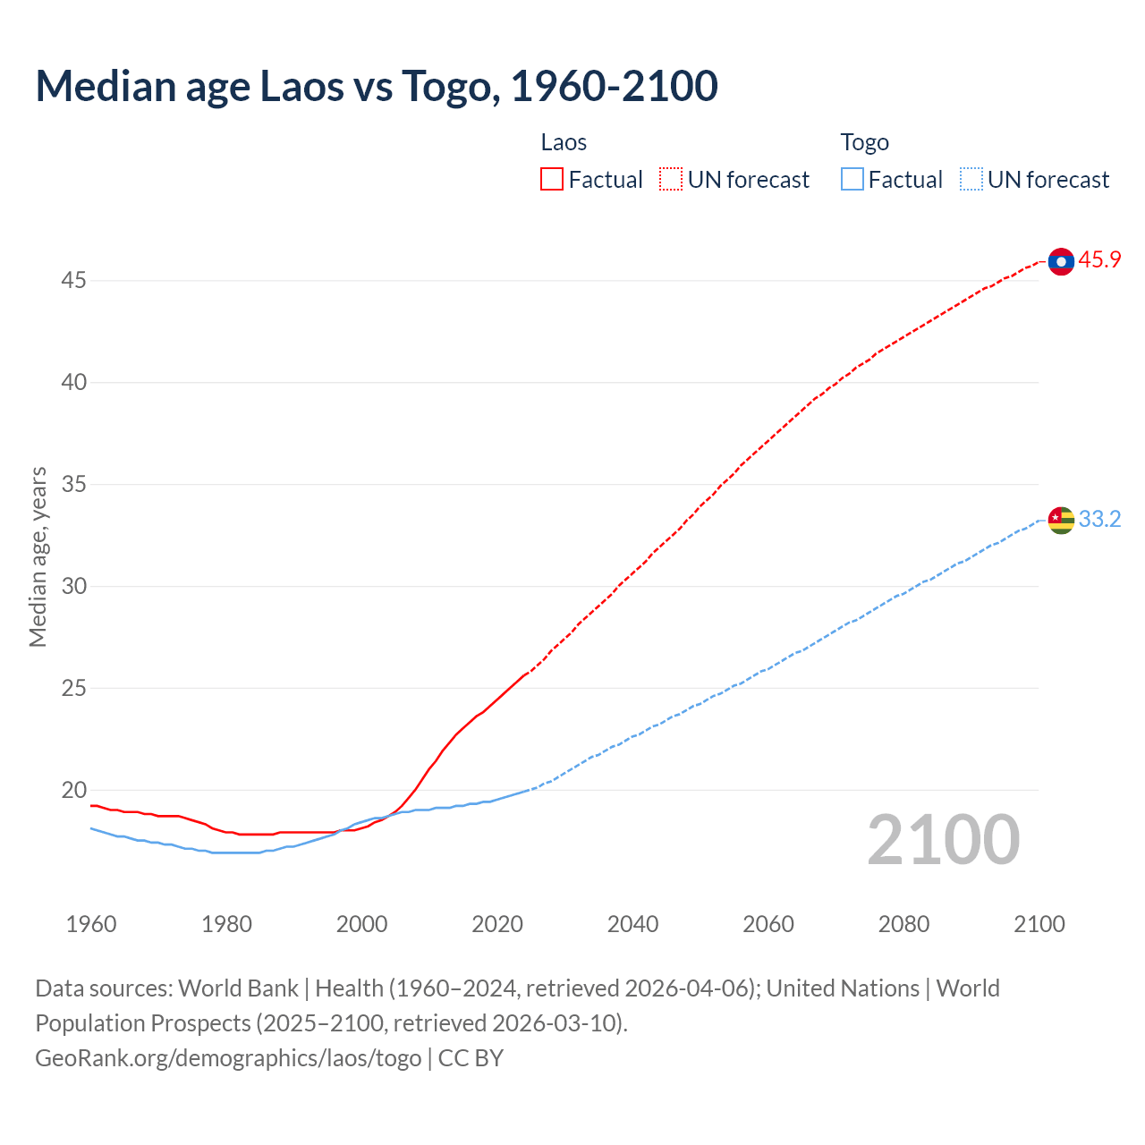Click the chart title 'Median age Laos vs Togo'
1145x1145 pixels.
376,86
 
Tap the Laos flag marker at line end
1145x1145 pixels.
1061,261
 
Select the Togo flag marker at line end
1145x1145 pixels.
1061,520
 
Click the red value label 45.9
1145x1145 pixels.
1099,260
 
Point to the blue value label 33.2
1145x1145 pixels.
1099,520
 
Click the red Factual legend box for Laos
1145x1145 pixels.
552,180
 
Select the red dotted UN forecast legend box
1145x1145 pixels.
671,180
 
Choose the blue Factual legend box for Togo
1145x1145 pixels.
852,180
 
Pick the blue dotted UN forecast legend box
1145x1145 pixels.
971,180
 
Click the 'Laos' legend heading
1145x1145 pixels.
564,142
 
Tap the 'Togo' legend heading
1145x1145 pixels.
864,142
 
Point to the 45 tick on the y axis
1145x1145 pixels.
73,281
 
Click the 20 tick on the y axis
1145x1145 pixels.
73,791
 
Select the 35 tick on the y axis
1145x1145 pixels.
73,485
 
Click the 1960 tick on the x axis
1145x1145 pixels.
91,924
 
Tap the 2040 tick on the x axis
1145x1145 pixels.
632,924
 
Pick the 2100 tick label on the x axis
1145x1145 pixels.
1039,924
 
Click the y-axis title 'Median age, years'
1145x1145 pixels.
38,556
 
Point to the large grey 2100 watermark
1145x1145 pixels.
943,840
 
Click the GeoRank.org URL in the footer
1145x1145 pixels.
228,1058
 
